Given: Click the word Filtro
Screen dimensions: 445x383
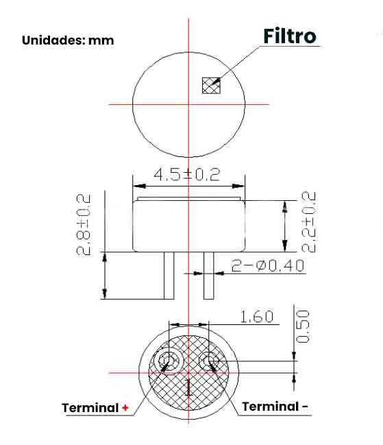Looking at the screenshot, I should click(291, 36).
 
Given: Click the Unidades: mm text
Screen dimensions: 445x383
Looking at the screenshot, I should click(68, 40).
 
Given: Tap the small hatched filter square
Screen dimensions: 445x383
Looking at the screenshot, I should click(210, 85).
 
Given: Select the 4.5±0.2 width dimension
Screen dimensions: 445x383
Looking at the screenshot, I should click(186, 174).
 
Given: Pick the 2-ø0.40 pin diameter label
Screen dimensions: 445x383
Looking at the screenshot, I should click(268, 265).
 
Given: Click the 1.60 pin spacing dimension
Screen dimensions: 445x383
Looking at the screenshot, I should click(256, 316).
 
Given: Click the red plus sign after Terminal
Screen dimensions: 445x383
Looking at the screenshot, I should click(125, 408).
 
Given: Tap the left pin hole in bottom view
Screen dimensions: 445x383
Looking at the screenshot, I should click(168, 361).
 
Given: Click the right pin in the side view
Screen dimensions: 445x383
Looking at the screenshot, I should click(209, 275).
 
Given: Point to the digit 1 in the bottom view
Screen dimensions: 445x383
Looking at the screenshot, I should click(188, 389).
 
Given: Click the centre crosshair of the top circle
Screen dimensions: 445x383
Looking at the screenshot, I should click(188, 104).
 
